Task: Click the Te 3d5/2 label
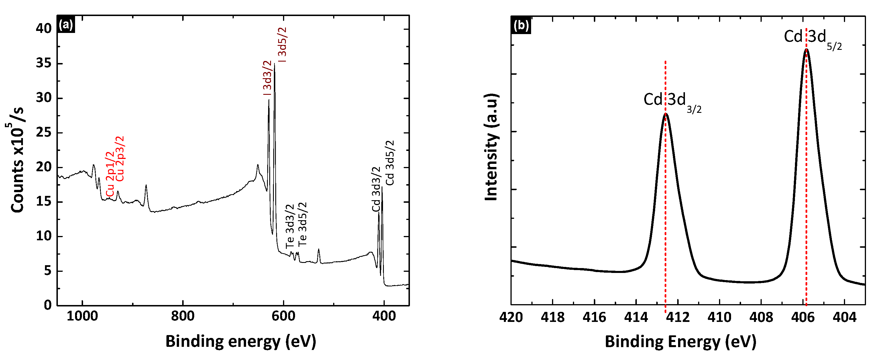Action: point(303,224)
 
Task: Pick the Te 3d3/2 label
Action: point(290,226)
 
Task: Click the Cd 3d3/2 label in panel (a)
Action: point(376,189)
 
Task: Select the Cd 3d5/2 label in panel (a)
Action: point(390,163)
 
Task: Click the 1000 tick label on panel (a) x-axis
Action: point(82,316)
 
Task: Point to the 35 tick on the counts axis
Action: point(44,64)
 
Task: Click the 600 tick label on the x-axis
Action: point(283,316)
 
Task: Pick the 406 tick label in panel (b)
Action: point(803,318)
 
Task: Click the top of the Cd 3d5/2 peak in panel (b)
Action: point(806,50)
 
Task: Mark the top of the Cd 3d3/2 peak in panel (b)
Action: point(665,114)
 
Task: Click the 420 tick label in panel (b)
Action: point(511,318)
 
